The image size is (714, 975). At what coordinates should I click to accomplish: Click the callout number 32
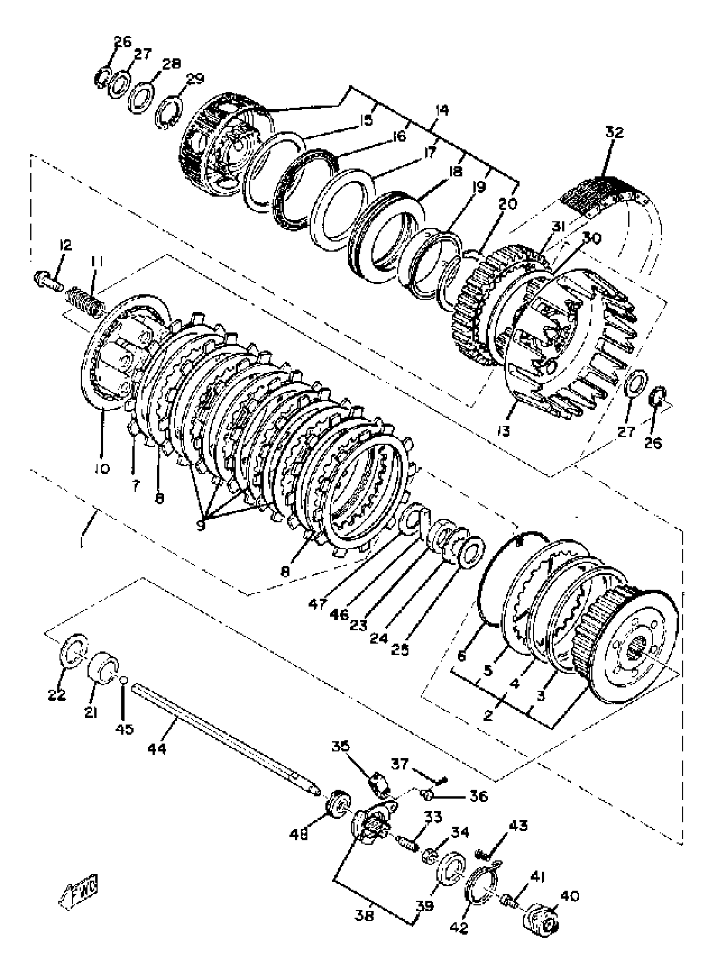point(615,132)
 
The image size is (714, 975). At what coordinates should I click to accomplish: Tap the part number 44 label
point(157,748)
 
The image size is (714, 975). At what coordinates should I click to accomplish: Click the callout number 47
point(318,604)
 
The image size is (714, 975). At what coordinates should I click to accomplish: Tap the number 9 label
point(200,525)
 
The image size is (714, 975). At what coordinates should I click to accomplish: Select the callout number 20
point(507,204)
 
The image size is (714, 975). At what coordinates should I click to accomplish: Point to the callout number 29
point(194,79)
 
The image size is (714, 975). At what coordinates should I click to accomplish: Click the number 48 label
point(299,834)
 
